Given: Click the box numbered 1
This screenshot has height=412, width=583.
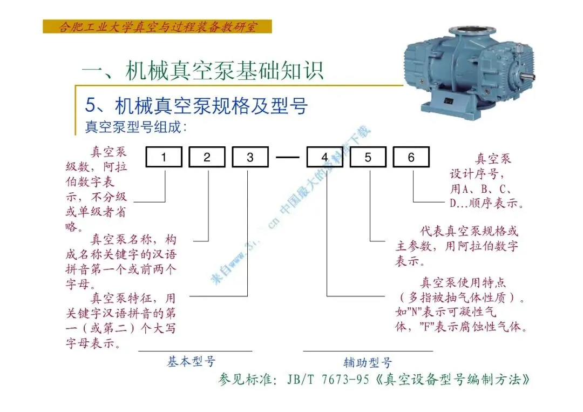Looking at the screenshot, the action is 165,157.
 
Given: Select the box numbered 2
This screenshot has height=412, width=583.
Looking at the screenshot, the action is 207,157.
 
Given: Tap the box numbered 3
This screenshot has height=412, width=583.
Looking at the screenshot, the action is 250,157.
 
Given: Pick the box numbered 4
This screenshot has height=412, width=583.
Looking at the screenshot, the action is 325,157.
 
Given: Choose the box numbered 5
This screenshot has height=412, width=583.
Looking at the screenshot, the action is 368,157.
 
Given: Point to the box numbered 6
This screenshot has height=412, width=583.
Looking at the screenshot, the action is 411,157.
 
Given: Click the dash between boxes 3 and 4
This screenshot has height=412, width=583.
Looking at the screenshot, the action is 287,157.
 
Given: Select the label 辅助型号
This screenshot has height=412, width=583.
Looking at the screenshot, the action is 368,362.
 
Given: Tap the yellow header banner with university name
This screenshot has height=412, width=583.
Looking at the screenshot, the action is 157,26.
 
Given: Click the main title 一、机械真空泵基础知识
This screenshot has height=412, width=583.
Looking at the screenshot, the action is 203,70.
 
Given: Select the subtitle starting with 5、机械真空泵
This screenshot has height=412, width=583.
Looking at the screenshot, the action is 196,105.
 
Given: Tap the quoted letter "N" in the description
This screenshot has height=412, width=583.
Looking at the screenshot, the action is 417,312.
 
